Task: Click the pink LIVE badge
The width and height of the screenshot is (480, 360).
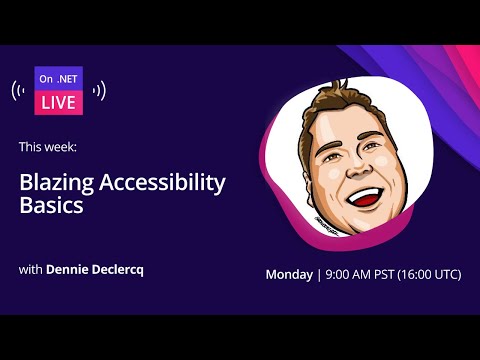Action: point(59,102)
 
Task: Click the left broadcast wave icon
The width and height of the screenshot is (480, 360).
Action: point(19,91)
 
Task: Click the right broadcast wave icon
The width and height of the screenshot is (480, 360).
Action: point(99,91)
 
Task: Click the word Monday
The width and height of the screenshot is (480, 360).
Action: point(289,274)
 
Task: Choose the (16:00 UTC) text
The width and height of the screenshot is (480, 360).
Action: point(436,274)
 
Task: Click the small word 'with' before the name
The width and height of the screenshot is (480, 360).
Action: point(30,270)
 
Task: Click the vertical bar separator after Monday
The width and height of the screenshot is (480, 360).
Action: point(319,274)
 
